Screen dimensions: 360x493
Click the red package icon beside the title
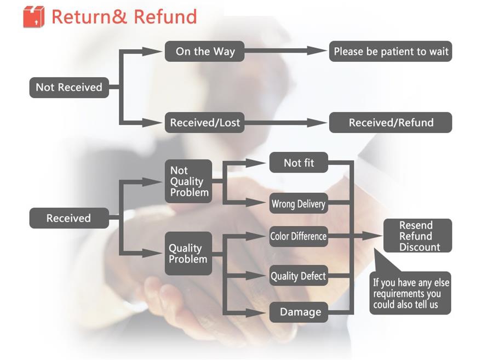pos(33,17)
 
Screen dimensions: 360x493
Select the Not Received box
pos(68,87)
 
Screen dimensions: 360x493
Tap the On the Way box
pos(205,52)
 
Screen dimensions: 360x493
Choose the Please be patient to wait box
pos(391,52)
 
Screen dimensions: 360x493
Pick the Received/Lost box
pos(205,123)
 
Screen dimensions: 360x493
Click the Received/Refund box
pos(391,123)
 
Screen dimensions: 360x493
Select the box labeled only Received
pos(68,218)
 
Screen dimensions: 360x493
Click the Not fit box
pos(299,163)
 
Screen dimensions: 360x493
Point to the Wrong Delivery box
pos(299,204)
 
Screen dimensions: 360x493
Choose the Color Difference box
pos(299,237)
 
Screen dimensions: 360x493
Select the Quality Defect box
pos(299,276)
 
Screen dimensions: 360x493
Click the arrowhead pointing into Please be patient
pos(319,51)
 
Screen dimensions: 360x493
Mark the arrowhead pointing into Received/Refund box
pos(319,123)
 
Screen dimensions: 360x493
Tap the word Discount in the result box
pos(419,247)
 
